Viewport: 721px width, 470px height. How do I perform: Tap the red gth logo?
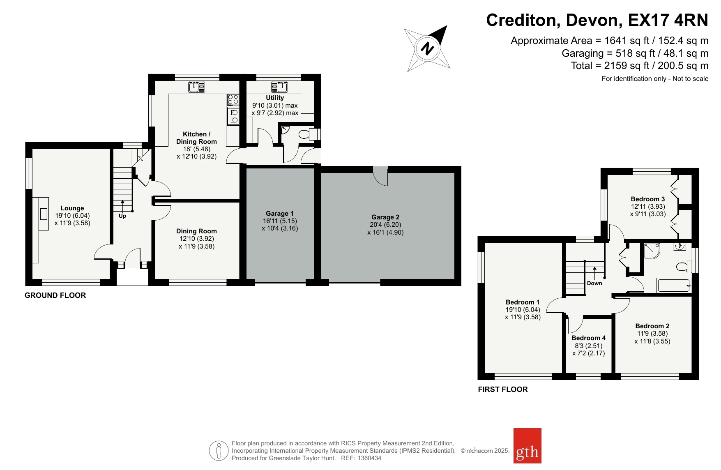(528, 446)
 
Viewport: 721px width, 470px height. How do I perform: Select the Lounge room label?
(72, 208)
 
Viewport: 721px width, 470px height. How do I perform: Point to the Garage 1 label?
(280, 213)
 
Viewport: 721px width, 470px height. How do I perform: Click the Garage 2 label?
(385, 217)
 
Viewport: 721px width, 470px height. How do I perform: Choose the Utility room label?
(275, 98)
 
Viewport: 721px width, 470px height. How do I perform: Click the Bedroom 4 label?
(589, 338)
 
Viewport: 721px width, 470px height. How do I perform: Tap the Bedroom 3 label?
(648, 199)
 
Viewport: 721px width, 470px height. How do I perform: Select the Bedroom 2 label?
(652, 326)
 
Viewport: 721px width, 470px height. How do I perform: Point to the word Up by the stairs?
(122, 216)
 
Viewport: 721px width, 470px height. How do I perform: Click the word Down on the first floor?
(594, 283)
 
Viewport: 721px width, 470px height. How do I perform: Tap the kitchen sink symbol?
(197, 87)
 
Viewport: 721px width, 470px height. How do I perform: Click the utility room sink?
(279, 87)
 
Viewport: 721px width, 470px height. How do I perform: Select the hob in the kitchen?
(233, 99)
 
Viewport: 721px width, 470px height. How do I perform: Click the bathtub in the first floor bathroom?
(674, 286)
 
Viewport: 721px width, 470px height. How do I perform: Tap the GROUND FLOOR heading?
(55, 295)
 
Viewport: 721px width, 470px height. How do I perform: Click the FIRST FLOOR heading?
(503, 389)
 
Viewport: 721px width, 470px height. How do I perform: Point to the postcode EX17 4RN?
(668, 20)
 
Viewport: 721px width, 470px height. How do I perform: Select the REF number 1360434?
(369, 458)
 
